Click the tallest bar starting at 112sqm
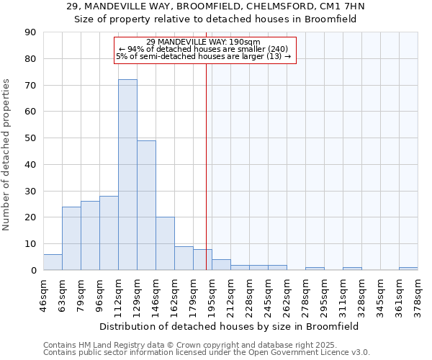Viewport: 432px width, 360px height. pos(127,175)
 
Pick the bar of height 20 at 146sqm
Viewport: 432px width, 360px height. pos(165,243)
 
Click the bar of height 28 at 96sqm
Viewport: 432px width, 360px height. pos(109,233)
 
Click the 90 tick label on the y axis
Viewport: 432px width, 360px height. pos(31,32)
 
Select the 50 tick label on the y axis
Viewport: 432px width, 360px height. pos(31,138)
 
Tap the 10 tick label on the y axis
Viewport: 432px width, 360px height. pos(31,243)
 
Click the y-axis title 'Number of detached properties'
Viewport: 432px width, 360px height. pos(8,155)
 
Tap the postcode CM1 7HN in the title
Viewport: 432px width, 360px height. pos(340,6)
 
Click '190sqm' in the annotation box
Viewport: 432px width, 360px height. pos(246,42)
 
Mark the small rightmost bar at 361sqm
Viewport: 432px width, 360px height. pos(408,269)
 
